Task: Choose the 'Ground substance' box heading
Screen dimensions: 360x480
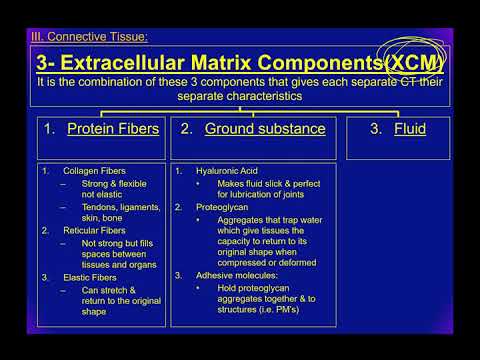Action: [x=252, y=129]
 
